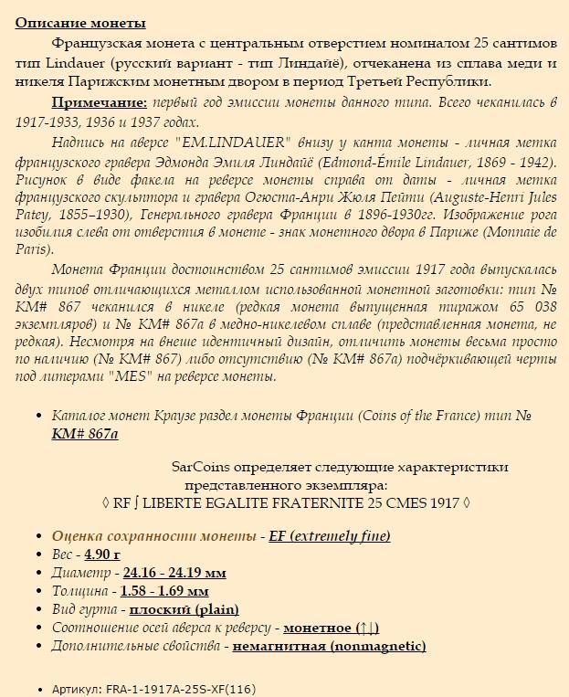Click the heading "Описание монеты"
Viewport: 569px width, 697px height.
pyautogui.click(x=80, y=23)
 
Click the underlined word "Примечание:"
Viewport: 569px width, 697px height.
pyautogui.click(x=100, y=102)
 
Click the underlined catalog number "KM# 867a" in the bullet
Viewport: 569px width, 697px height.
pyautogui.click(x=85, y=433)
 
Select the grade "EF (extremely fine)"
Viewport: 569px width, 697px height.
pyautogui.click(x=330, y=536)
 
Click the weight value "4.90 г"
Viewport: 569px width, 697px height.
pyautogui.click(x=102, y=554)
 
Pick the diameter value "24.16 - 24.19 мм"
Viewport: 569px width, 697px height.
pyautogui.click(x=174, y=573)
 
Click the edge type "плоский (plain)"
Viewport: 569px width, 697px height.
pyautogui.click(x=184, y=609)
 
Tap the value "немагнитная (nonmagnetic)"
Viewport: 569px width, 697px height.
pyautogui.click(x=329, y=646)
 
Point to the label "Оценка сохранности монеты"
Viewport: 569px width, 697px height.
pyautogui.click(x=153, y=536)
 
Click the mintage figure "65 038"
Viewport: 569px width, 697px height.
pyautogui.click(x=531, y=308)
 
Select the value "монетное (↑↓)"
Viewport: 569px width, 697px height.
pyautogui.click(x=331, y=628)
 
